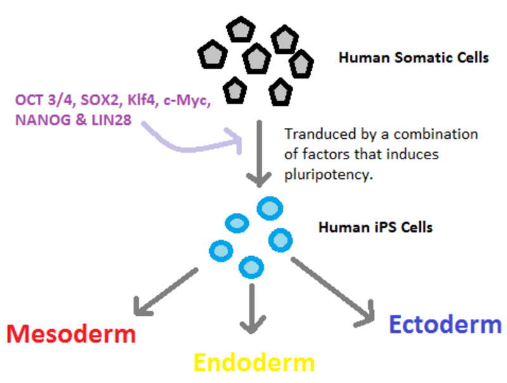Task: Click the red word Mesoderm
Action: [x=71, y=334]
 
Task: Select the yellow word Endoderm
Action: [x=254, y=363]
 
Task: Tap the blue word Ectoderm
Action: [x=446, y=325]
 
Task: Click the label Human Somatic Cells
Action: [x=414, y=58]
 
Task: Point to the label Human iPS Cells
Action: [x=375, y=227]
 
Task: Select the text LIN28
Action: [x=112, y=120]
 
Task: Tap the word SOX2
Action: [x=99, y=100]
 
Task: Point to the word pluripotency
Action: [x=328, y=175]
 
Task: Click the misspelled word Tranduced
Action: [x=320, y=134]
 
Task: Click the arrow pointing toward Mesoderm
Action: [x=165, y=292]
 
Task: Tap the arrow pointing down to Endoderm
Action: [x=252, y=309]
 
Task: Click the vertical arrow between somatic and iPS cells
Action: [x=259, y=153]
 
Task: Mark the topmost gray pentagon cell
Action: [x=241, y=29]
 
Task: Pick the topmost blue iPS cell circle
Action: [x=270, y=209]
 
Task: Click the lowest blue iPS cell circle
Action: [x=251, y=267]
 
